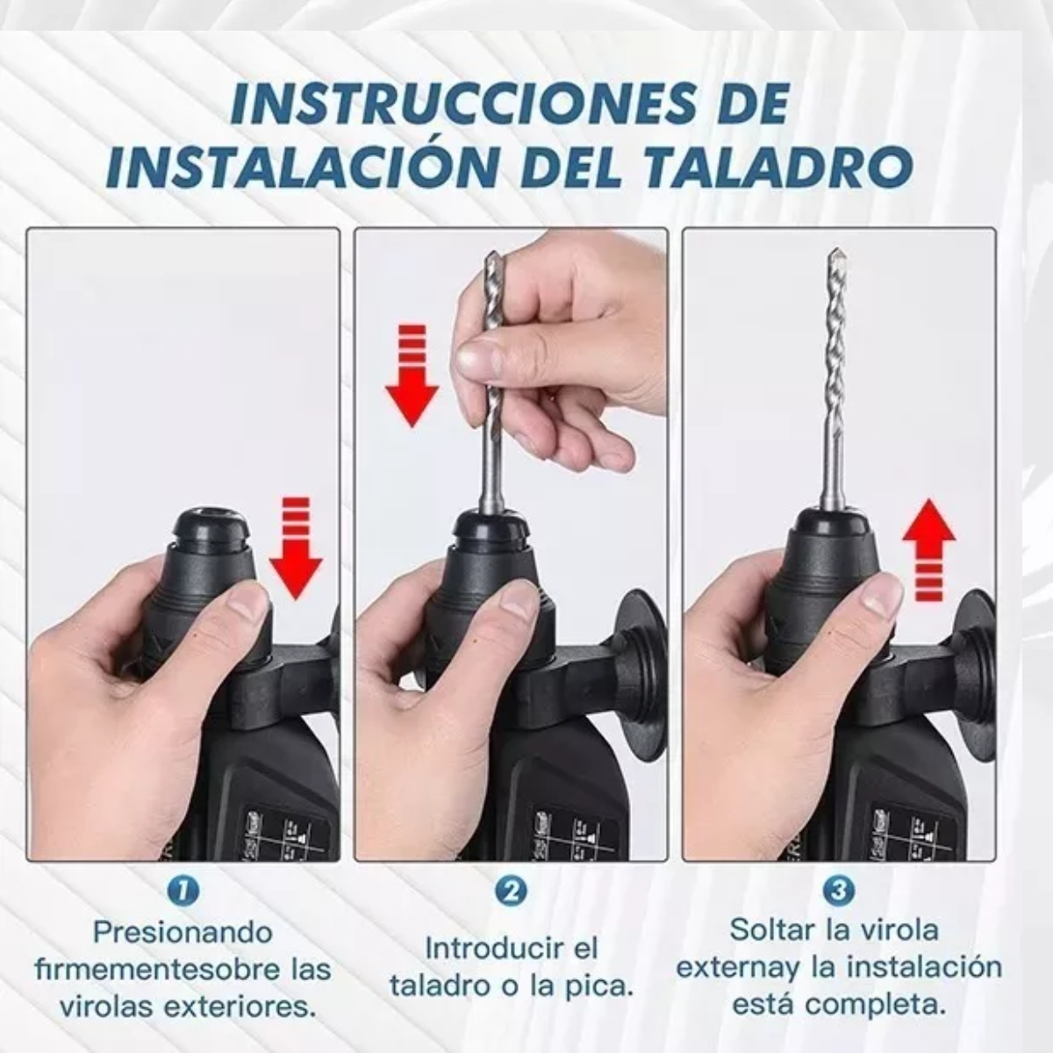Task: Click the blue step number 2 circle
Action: [x=511, y=891]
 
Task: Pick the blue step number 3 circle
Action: [x=839, y=891]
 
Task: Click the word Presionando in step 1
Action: [x=183, y=931]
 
